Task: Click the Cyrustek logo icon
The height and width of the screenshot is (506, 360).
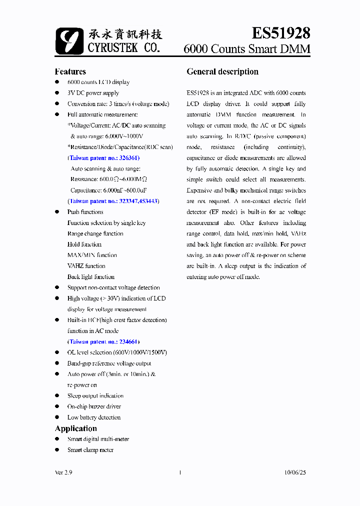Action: click(x=69, y=40)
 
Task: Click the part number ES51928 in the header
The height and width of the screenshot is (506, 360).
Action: click(x=280, y=33)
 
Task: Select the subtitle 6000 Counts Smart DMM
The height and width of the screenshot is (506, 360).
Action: click(x=247, y=49)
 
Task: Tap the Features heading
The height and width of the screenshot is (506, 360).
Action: click(x=70, y=71)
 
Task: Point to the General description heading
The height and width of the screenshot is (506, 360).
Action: click(x=222, y=71)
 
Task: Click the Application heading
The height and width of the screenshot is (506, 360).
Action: click(x=75, y=428)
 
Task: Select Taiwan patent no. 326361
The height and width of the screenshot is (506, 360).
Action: click(x=103, y=158)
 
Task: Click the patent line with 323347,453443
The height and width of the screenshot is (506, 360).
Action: click(x=113, y=201)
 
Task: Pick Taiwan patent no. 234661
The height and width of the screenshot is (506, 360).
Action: click(x=103, y=342)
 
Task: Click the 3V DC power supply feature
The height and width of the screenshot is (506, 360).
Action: click(x=93, y=93)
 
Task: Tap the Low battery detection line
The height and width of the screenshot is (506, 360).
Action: click(x=94, y=417)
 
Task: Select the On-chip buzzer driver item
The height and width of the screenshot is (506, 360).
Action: click(x=94, y=406)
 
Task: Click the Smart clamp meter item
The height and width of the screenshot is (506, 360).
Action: click(x=90, y=450)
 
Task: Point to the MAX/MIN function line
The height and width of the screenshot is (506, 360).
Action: click(x=92, y=255)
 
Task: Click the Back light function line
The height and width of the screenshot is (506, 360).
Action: click(x=91, y=277)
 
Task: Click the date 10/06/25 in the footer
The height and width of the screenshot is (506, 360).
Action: click(x=294, y=472)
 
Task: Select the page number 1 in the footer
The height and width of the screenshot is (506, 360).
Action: click(x=179, y=472)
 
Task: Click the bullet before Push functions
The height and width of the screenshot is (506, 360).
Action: click(x=57, y=212)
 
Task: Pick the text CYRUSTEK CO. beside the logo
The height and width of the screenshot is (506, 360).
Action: click(x=123, y=48)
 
